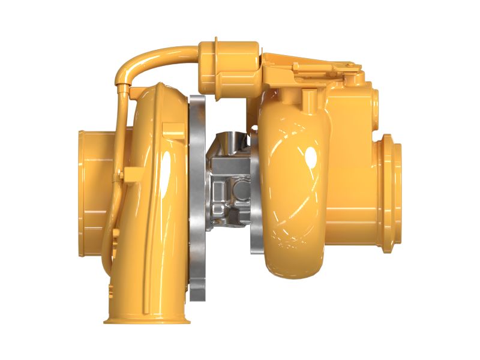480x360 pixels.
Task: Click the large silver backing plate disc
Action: [197, 198]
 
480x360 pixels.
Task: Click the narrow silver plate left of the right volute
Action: [254, 198]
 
